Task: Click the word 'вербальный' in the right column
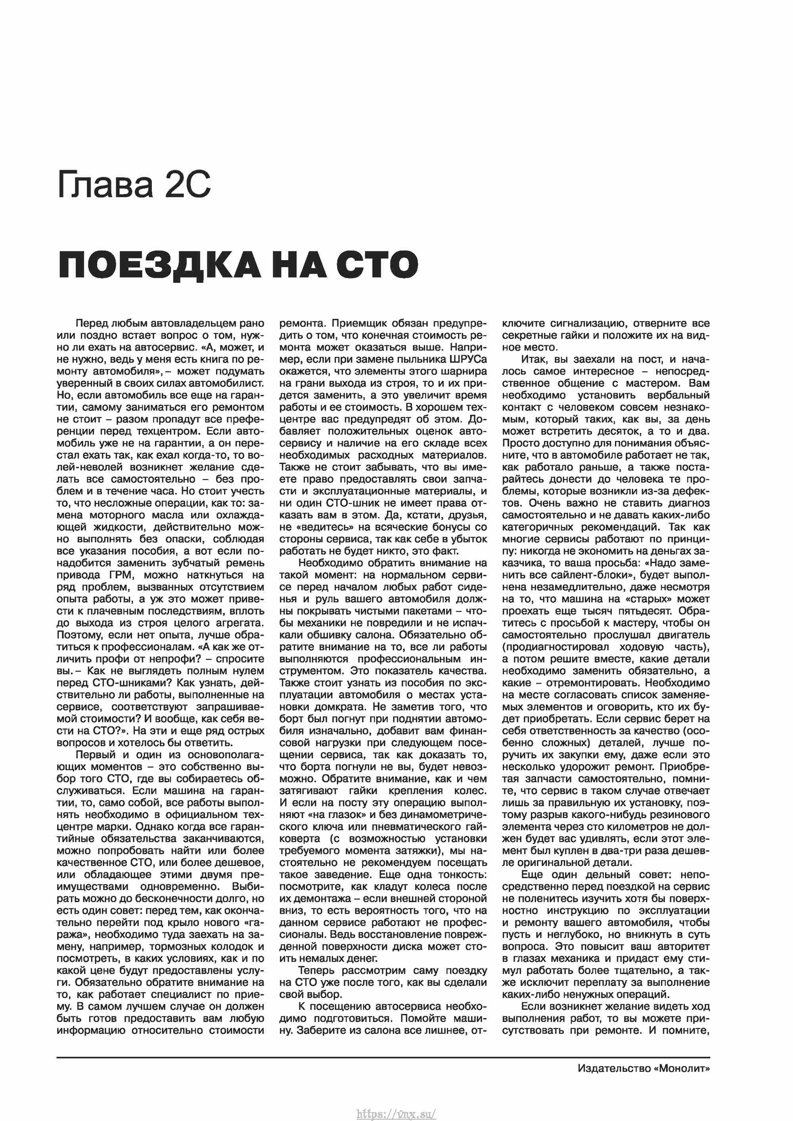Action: coord(678,395)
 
